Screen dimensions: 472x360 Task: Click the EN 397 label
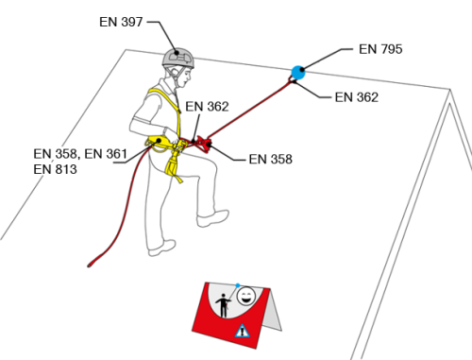coord(121,22)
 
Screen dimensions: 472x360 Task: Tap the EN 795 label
coord(380,49)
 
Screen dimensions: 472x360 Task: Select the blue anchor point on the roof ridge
coord(297,73)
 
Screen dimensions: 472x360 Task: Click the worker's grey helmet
coord(178,59)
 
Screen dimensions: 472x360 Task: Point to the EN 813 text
coord(55,169)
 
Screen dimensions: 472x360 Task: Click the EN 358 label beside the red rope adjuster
coord(270,160)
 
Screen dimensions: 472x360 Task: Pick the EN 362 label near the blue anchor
coord(357,97)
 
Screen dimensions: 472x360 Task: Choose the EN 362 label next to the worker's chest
coord(207,107)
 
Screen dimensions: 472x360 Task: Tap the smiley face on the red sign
coord(245,296)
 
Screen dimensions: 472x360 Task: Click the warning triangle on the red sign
coord(242,332)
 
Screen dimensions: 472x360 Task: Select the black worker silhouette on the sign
coord(224,305)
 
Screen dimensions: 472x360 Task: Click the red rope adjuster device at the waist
coord(204,144)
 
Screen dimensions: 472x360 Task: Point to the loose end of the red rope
coord(90,266)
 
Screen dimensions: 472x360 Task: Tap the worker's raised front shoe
coord(212,218)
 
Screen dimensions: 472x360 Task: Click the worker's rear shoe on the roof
coord(161,248)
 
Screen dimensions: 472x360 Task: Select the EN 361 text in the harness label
coord(106,154)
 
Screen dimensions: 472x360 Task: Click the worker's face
coord(185,77)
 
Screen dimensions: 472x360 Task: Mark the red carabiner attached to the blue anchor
coord(292,80)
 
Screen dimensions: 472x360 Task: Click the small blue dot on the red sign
coord(238,285)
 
